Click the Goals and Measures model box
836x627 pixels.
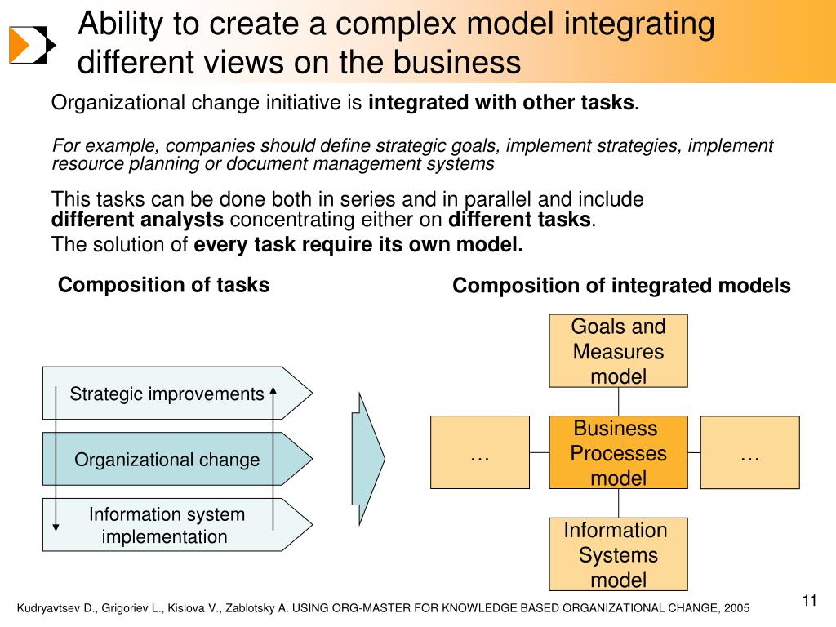click(618, 351)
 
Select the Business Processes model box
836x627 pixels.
click(618, 452)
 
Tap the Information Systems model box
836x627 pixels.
click(618, 554)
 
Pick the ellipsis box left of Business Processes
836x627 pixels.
click(480, 452)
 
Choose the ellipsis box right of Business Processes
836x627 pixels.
click(749, 452)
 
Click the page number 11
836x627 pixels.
click(810, 602)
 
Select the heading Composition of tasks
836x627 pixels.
click(163, 285)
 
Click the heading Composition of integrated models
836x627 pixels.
click(621, 286)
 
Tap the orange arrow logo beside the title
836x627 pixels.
click(32, 44)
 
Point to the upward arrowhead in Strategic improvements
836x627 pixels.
click(273, 389)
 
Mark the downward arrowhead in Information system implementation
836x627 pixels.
click(56, 526)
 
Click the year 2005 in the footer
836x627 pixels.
click(735, 609)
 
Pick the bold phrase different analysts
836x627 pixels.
click(137, 220)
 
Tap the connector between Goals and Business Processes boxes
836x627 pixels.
click(618, 401)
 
